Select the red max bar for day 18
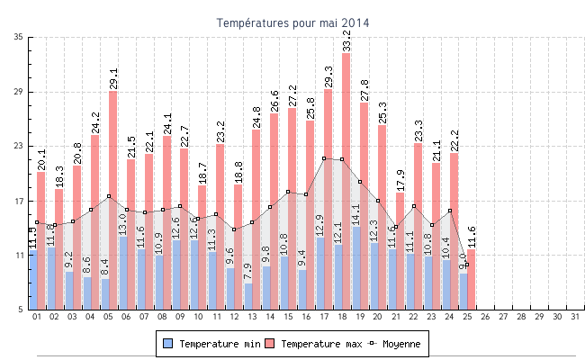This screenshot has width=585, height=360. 346,180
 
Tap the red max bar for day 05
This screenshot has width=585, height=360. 112,198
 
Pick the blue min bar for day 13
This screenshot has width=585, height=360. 248,296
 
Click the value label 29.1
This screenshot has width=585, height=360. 113,77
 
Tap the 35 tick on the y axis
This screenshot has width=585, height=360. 19,37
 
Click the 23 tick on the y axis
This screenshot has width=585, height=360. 19,147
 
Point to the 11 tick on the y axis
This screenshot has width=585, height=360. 19,256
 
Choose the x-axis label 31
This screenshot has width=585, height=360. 574,317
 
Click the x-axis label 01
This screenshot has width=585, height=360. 37,317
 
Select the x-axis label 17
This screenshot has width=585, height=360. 324,317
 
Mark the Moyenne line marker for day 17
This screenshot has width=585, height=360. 324,158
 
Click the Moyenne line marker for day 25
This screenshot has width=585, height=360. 467,265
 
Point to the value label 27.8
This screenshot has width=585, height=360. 364,90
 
